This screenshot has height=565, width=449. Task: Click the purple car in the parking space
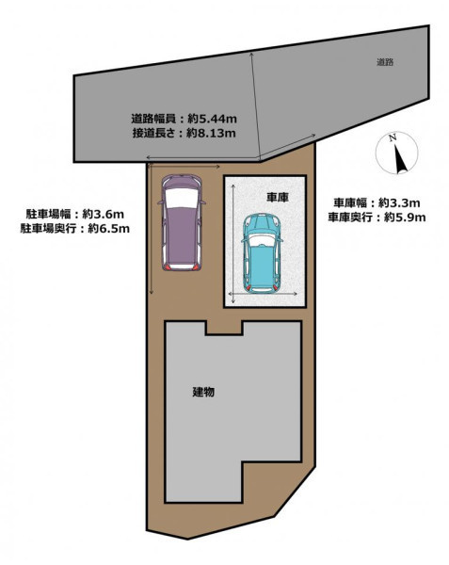tap(182, 222)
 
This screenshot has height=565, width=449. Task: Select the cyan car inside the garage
tap(262, 253)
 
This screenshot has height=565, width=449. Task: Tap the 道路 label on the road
tap(385, 62)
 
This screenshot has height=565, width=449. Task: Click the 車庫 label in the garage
tap(278, 197)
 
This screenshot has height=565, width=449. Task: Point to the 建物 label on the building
tap(203, 392)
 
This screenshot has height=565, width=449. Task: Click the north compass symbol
tap(397, 153)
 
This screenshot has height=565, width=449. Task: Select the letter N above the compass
tap(393, 137)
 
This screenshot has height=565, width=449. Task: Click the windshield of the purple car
tap(182, 198)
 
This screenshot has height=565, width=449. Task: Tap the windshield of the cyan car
tap(262, 241)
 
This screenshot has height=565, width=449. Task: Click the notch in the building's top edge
tap(224, 328)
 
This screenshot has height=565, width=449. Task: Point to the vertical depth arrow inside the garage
tap(233, 244)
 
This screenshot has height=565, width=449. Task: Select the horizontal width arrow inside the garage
tap(264, 294)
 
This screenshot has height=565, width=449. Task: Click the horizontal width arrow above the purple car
tap(184, 167)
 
